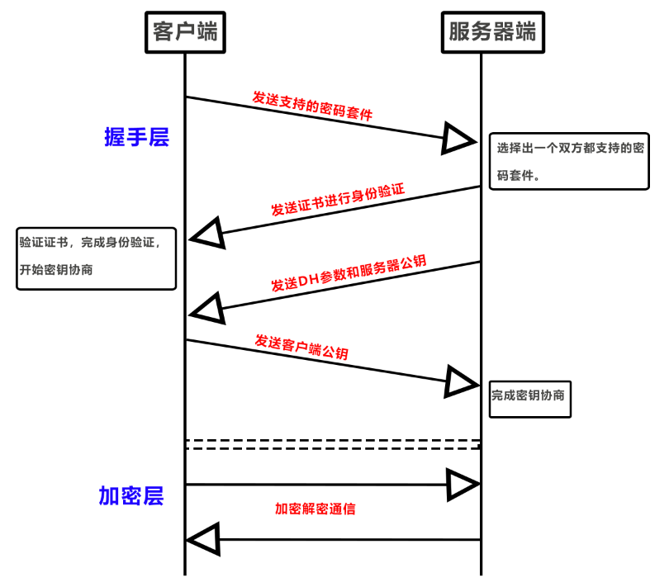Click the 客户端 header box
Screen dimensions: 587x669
click(185, 31)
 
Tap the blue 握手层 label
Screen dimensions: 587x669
click(136, 137)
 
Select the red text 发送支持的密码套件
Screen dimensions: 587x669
click(312, 107)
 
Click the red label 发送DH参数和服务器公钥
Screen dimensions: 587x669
click(348, 274)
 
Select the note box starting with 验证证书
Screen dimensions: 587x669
click(97, 258)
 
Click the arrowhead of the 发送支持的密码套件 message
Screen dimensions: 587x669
click(458, 137)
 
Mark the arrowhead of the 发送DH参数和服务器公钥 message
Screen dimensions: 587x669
click(206, 307)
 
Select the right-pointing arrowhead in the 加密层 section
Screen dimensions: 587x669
click(461, 484)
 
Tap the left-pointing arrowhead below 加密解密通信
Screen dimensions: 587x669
click(203, 539)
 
